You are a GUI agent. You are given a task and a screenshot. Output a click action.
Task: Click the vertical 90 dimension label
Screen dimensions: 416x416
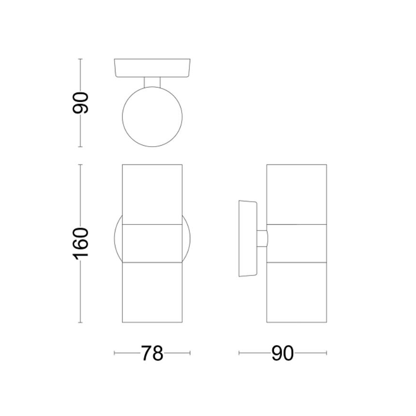point(81,102)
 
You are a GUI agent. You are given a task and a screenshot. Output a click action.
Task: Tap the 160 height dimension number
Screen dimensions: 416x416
point(81,243)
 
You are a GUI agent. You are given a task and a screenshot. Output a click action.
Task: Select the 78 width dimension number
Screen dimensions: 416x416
point(152,354)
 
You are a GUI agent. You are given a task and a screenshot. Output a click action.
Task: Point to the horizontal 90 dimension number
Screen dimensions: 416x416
point(282,354)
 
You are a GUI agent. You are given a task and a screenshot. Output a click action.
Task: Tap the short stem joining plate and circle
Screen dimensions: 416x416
point(152,82)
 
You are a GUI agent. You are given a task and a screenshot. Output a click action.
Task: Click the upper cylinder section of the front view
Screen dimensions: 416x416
point(152,194)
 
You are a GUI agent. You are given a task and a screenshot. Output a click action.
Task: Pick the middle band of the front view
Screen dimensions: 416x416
point(152,243)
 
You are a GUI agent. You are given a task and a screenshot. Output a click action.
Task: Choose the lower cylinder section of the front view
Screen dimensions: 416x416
point(152,292)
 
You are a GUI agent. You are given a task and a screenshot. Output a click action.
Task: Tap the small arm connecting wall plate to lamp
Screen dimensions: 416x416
point(262,239)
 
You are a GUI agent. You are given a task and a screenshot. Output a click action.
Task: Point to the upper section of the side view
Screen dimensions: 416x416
point(297,194)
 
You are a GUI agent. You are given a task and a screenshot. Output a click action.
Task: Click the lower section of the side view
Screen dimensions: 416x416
point(297,292)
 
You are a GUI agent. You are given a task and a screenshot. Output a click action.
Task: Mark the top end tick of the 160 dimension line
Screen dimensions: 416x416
point(81,165)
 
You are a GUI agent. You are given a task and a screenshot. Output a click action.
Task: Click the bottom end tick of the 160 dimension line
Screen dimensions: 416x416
point(81,322)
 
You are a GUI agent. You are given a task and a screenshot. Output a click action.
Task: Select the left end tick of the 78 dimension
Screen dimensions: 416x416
point(115,354)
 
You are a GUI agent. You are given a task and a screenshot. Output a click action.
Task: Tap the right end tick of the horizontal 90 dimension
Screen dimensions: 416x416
point(327,354)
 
